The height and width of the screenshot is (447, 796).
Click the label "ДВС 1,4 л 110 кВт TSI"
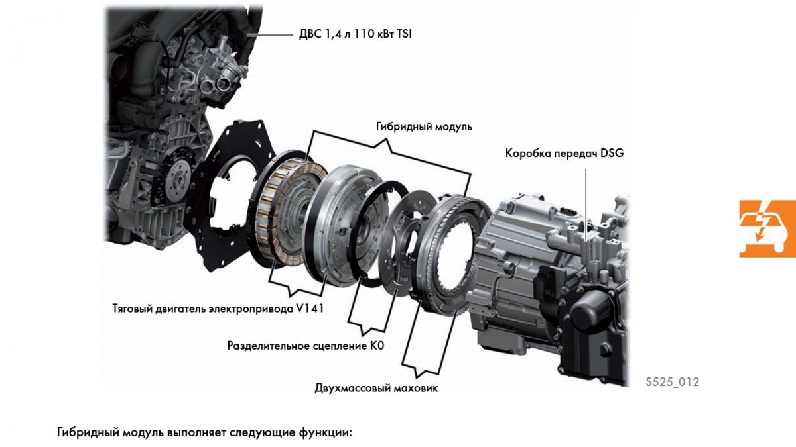355,34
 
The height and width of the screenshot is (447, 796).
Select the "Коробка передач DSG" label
564,153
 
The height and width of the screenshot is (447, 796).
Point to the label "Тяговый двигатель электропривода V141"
219,308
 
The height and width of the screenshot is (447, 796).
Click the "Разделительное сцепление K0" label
306,345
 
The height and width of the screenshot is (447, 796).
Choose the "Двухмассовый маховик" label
376,388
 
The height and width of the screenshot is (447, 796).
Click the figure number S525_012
672,382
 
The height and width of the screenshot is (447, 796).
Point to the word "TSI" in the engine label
403,34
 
